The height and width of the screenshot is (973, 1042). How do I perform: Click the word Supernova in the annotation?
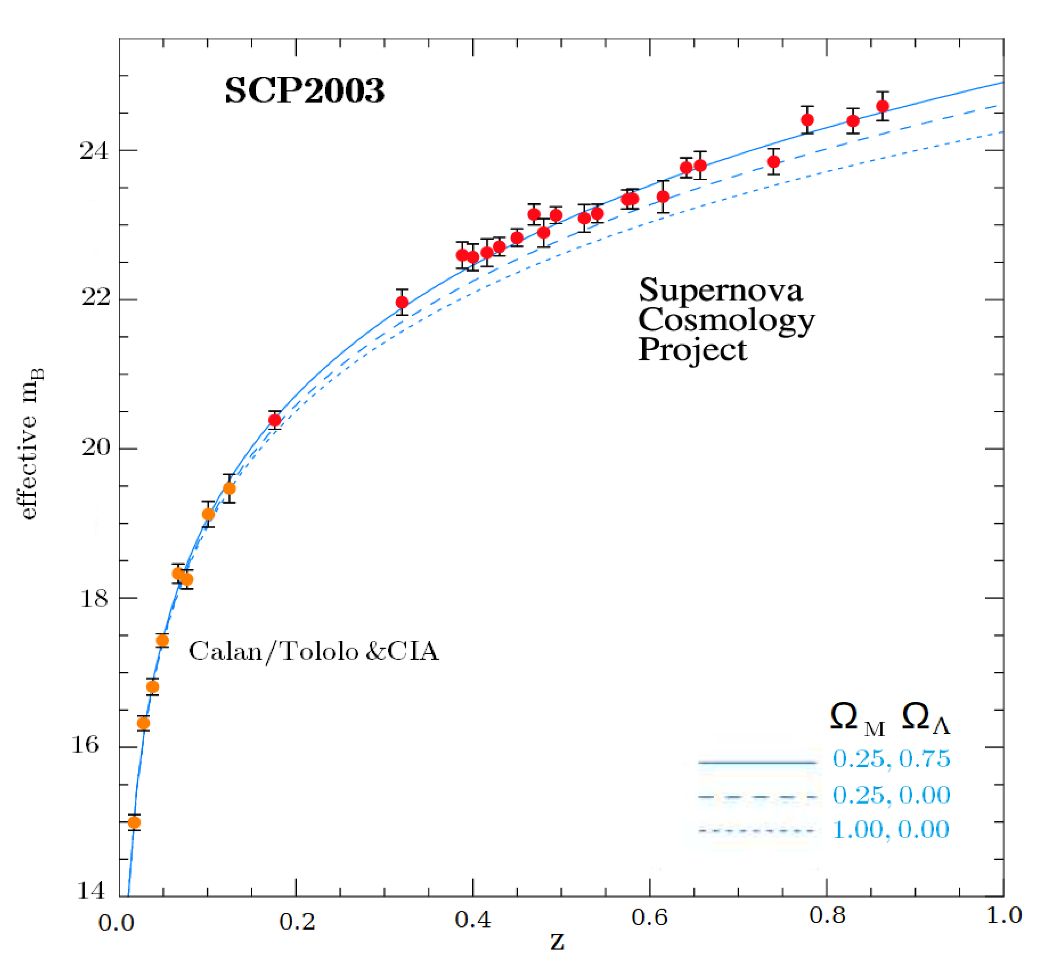click(x=720, y=290)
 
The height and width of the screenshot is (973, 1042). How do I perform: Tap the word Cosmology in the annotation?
click(x=726, y=320)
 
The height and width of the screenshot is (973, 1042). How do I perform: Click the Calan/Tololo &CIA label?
click(x=314, y=651)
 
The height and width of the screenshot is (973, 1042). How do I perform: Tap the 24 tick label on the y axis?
click(x=93, y=151)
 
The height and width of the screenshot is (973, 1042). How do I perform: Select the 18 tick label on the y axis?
click(x=93, y=599)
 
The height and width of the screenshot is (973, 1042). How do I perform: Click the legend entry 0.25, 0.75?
click(x=891, y=759)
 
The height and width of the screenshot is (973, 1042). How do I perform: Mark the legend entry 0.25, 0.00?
click(x=891, y=795)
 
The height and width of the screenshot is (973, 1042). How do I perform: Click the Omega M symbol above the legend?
click(x=856, y=718)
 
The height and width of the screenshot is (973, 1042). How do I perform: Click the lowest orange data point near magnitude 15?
click(x=134, y=822)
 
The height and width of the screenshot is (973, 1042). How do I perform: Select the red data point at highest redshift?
click(x=883, y=106)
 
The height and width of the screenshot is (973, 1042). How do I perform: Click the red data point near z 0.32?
click(x=402, y=302)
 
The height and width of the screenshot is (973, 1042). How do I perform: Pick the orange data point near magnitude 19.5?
click(x=229, y=489)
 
